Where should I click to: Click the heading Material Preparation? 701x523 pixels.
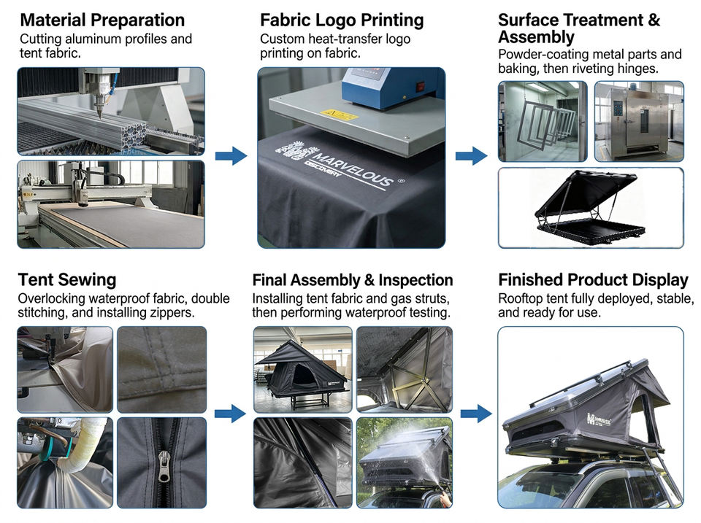pos(102,20)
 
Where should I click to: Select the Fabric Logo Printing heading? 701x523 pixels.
pos(342,20)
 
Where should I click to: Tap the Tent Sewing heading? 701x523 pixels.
pos(67,279)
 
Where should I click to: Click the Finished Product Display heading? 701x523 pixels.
pos(593,279)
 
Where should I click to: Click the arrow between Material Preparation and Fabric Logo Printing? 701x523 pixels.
pos(231,156)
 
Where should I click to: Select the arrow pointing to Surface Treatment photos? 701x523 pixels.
pos(471,156)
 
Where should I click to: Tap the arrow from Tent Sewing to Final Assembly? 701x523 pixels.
pos(230,414)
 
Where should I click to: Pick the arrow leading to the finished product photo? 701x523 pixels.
pos(476,414)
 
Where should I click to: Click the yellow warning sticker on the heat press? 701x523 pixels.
pos(338,115)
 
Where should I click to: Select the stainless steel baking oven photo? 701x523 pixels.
pos(639,122)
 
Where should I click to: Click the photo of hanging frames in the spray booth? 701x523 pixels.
pos(543,122)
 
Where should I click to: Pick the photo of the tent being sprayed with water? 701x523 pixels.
pos(405,463)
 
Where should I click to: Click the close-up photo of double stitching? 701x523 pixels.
pos(162,369)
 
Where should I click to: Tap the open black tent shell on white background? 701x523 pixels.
pos(591,208)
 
